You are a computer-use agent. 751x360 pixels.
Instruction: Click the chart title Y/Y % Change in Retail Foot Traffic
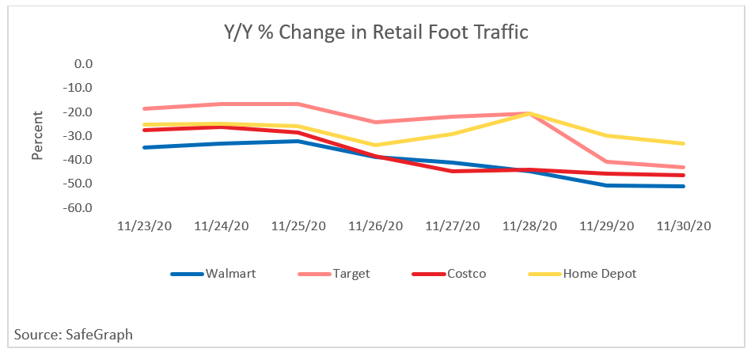pos(374,33)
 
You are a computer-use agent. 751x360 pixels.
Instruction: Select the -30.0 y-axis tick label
pos(79,135)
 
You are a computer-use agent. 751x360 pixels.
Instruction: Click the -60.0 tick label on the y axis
pos(79,208)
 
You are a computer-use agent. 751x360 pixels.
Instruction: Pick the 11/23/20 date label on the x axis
pos(145,225)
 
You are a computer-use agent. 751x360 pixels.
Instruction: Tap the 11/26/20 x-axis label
pos(376,225)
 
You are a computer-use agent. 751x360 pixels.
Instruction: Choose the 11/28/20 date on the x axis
pos(530,225)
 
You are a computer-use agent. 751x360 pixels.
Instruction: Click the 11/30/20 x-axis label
pos(685,225)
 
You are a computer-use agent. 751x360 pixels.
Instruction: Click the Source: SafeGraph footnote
pos(74,335)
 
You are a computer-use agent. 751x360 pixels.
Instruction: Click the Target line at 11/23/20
pos(145,108)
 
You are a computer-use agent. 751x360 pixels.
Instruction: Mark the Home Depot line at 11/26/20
pos(376,145)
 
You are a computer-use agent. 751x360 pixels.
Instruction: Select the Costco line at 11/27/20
pos(453,171)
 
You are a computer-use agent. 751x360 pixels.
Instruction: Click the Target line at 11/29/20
pos(607,161)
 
